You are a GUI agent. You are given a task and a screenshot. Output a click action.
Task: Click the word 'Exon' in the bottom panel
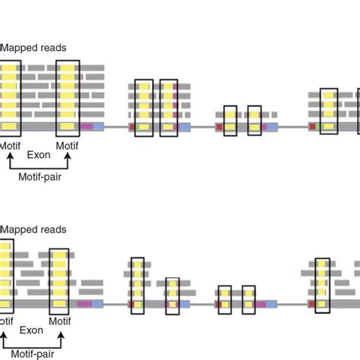[x=31, y=330]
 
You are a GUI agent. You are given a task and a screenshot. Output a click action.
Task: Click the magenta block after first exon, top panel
[x=87, y=126]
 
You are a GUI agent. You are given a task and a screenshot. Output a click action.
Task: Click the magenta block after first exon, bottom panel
[x=84, y=305]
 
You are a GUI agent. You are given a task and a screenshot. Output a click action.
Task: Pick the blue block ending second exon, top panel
[x=185, y=126]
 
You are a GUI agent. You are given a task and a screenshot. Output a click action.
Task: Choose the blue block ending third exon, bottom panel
[x=271, y=305]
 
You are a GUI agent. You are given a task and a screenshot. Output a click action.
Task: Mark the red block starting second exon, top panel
[x=132, y=126]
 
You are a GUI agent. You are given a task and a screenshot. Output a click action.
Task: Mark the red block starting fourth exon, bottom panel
[x=311, y=305]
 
